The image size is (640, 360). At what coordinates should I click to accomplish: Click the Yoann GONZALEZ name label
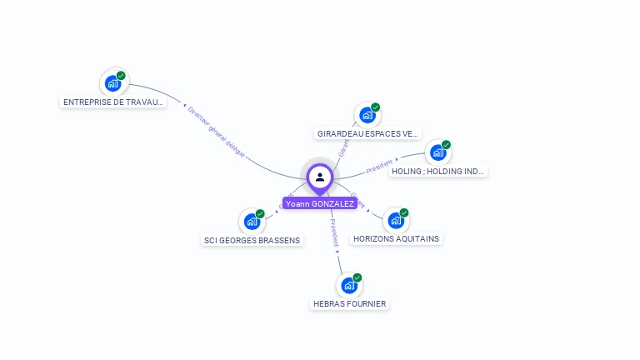320,203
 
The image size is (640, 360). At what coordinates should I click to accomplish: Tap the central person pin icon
320,177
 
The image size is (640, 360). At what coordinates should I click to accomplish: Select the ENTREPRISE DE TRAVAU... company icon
112,83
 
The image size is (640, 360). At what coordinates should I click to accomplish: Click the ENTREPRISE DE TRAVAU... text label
113,102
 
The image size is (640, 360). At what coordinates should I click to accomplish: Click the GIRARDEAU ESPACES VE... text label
367,133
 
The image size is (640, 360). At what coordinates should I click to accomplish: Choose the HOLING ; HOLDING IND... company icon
437,152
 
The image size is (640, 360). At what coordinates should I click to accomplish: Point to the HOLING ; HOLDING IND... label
437,171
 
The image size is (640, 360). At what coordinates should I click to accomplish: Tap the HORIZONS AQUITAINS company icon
396,221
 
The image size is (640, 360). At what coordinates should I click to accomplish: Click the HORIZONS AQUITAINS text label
396,239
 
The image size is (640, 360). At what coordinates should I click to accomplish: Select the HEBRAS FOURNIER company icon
349,286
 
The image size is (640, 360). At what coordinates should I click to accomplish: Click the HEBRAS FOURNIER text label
349,304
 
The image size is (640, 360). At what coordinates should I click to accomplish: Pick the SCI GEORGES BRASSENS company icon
252,222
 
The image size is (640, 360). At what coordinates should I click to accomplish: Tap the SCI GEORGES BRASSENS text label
252,241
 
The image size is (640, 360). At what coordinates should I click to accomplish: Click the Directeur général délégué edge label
216,132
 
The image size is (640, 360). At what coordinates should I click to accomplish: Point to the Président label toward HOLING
380,166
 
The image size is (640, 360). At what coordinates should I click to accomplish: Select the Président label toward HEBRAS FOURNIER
333,234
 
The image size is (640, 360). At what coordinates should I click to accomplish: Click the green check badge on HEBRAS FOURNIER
357,277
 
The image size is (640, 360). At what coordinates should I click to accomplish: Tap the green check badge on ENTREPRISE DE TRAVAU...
121,75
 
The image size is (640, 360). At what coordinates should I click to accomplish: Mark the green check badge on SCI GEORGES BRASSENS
260,213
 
